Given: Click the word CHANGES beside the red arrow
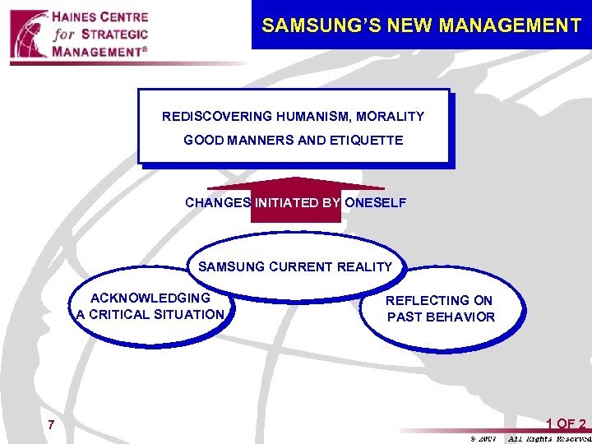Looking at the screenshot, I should tap(218, 202).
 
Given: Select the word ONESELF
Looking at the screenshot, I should tap(375, 202).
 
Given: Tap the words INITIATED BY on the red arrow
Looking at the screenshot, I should tap(297, 202).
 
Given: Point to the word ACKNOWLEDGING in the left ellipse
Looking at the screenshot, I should tap(150, 298).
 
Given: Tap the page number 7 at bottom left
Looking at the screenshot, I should tap(51, 425).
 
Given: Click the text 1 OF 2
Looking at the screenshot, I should tap(566, 424).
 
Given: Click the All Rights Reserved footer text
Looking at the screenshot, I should tap(547, 439).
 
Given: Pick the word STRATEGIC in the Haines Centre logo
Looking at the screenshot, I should tap(115, 35).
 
